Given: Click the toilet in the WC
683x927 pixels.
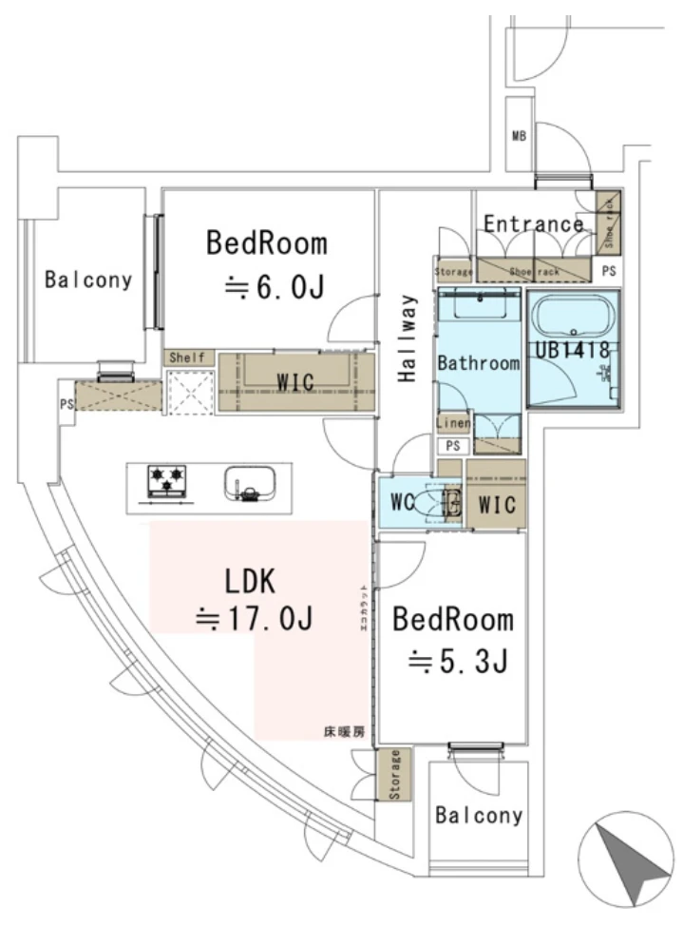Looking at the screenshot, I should point(443,503).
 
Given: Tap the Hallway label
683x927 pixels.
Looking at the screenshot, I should point(408,339).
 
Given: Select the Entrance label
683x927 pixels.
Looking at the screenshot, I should point(533,224).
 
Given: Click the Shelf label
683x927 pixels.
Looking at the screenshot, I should point(187,357).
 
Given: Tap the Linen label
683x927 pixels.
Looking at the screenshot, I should point(452,423).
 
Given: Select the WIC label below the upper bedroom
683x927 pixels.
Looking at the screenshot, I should point(294,380).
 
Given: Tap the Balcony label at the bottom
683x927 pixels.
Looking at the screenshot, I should point(479,816).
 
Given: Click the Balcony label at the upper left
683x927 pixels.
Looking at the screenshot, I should point(87,280).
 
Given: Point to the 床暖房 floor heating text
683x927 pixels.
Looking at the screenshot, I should point(343,732).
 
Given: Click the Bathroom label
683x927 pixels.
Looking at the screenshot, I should point(478,362).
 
